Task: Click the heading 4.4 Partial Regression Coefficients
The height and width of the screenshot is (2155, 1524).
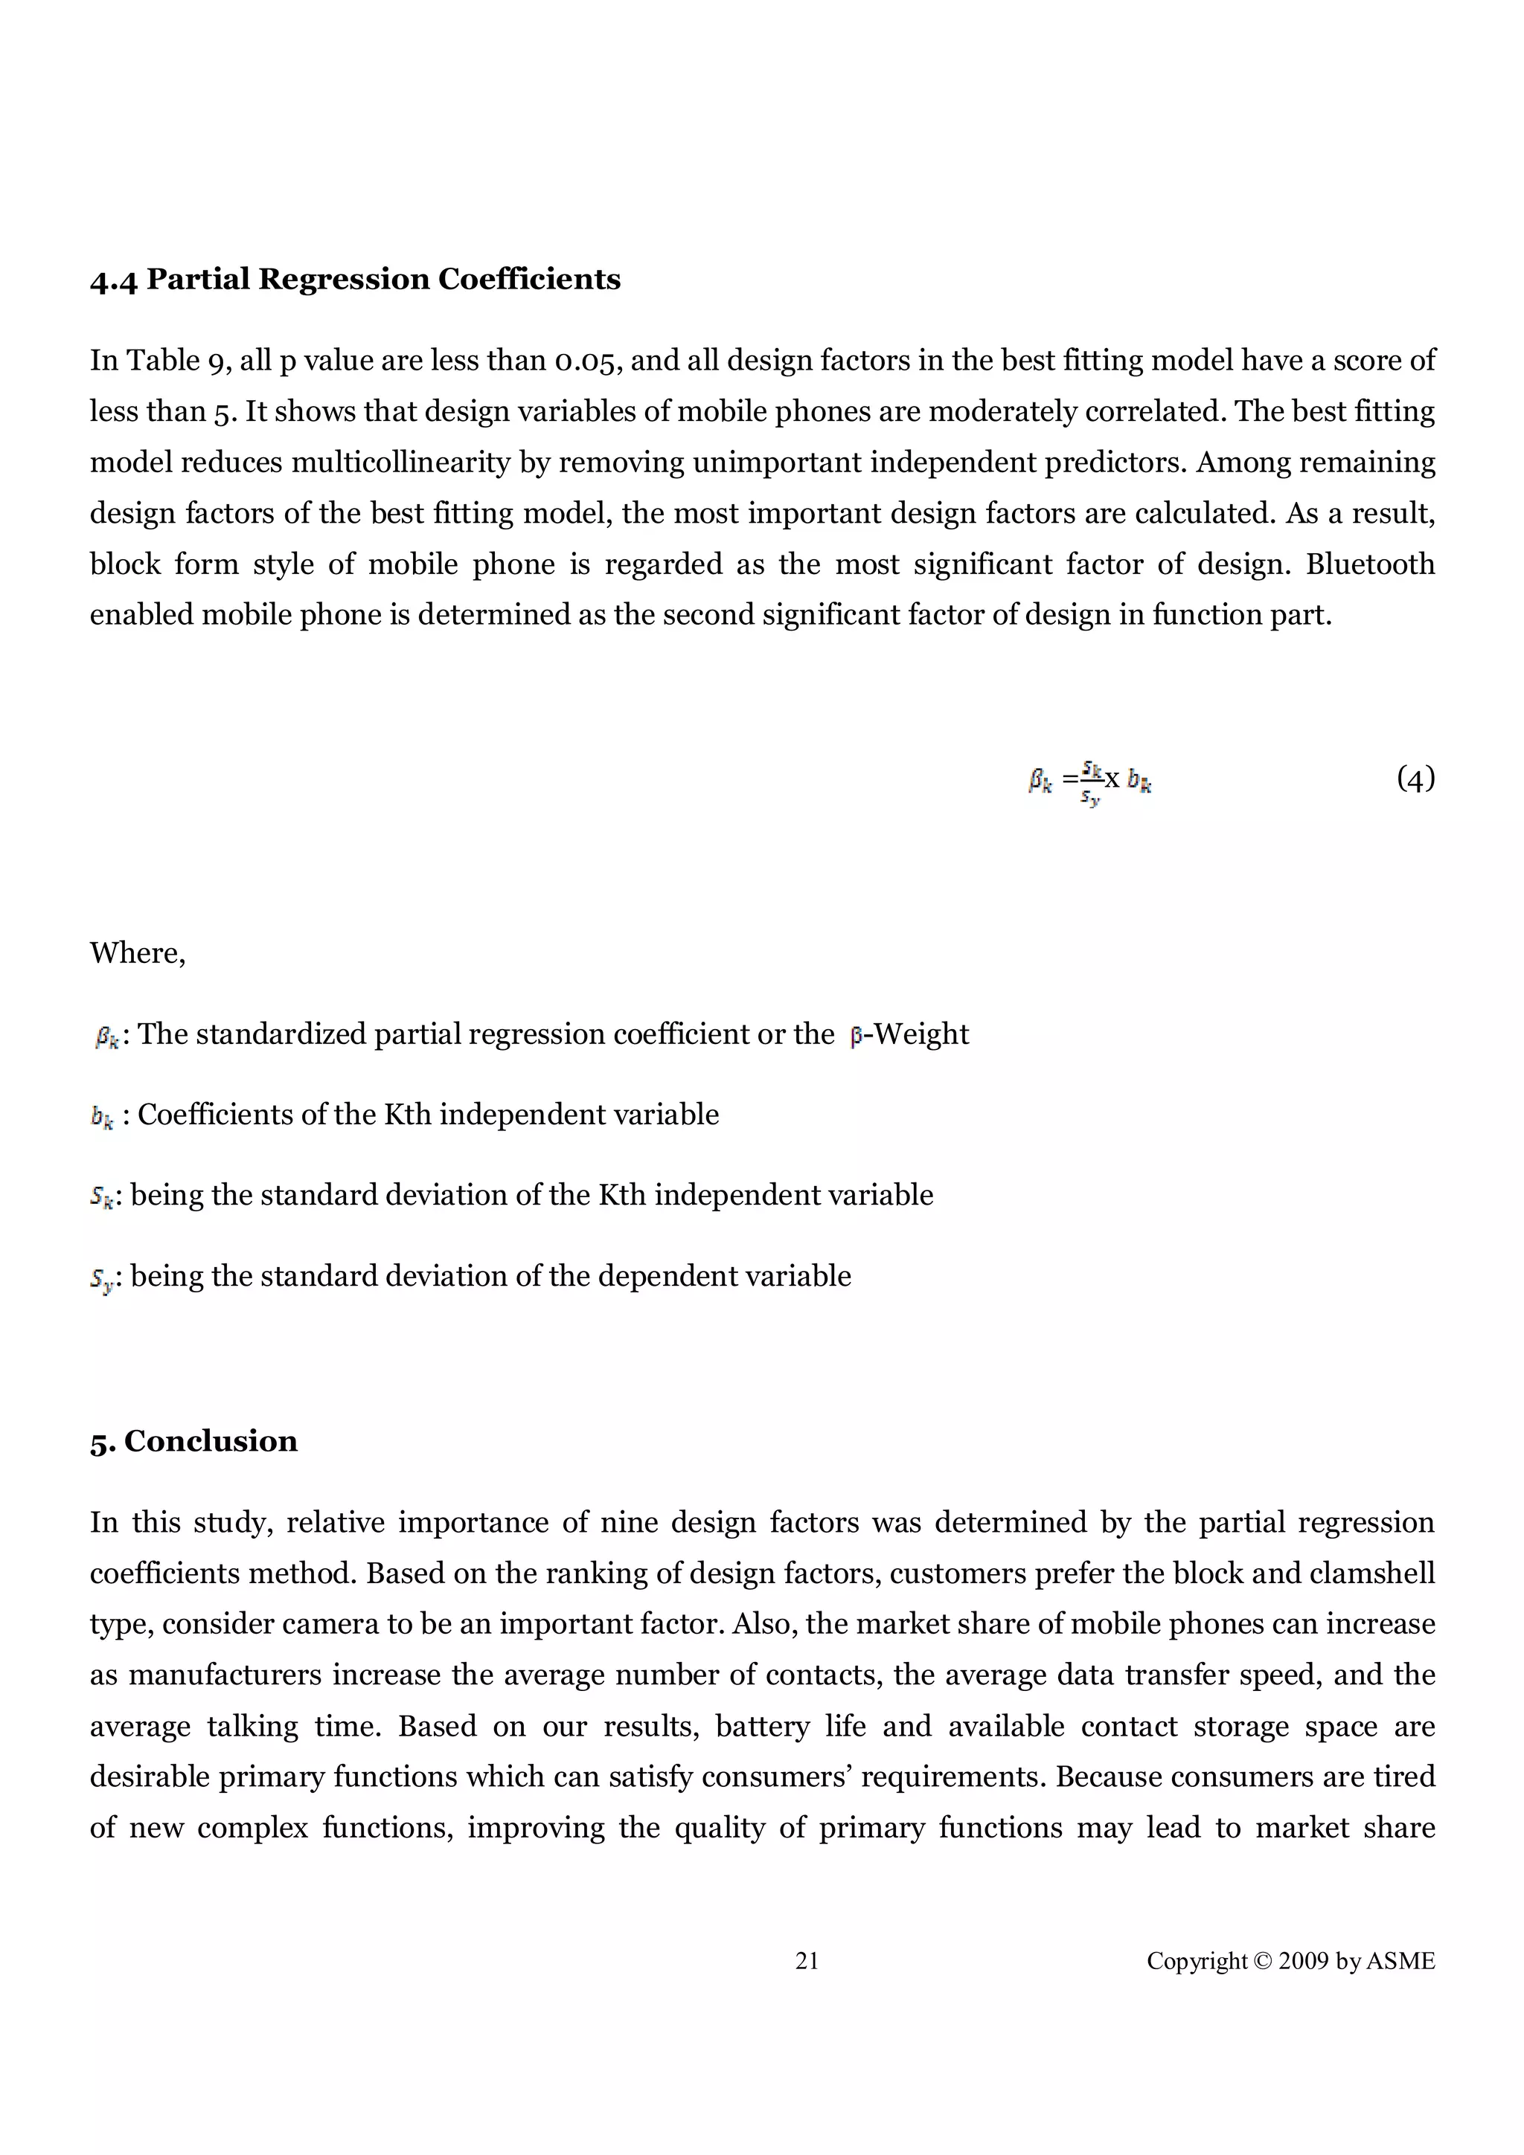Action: pos(355,279)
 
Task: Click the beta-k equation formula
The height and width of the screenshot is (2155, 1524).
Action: pos(1089,781)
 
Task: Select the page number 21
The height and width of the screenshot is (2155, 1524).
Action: pos(807,1961)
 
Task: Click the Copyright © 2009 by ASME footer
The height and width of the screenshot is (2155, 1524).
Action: pos(1290,1961)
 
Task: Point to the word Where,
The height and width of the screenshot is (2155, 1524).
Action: pos(137,953)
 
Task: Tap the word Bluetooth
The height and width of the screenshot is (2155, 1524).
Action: pos(1370,564)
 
